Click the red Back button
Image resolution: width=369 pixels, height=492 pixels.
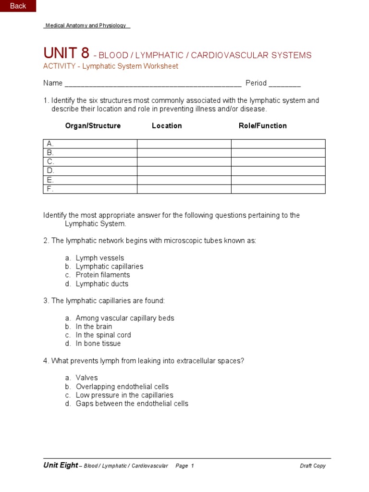18,6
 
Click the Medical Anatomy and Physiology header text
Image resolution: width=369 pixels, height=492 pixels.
86,26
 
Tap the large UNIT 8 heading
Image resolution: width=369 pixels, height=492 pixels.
66,53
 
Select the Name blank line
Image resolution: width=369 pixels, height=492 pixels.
153,84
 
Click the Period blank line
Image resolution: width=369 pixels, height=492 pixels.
284,84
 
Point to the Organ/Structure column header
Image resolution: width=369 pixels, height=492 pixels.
93,126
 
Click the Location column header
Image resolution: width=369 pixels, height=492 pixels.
167,126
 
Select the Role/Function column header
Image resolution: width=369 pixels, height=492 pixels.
262,126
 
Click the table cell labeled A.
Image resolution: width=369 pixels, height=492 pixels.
90,144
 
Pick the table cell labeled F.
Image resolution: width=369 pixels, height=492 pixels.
90,189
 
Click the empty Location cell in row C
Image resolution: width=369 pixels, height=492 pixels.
184,162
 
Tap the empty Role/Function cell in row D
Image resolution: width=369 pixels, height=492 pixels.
278,171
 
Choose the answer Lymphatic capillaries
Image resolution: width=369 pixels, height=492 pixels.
109,267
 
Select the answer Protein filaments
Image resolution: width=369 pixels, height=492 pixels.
102,275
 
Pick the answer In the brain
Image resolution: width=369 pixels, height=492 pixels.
94,327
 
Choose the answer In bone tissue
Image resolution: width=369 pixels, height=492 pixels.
98,344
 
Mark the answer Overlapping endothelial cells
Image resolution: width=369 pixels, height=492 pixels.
122,387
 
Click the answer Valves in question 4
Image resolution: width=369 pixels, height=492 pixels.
86,378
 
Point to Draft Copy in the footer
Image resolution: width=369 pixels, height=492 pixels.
312,466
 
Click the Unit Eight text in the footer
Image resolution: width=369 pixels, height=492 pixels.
61,466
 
